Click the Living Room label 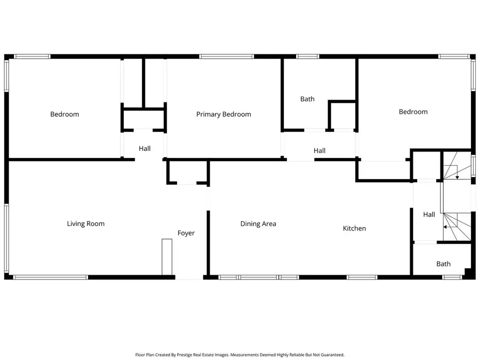point(85,223)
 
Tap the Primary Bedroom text point(223,114)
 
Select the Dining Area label point(258,224)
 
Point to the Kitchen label point(354,228)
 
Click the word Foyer point(186,233)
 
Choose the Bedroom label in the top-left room point(65,114)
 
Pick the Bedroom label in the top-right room point(413,112)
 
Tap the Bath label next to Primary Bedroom point(307,99)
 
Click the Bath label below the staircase point(443,263)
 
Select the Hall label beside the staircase point(429,214)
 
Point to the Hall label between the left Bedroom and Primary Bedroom point(145,149)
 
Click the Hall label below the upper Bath point(319,151)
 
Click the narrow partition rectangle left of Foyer point(167,257)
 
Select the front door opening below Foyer point(189,277)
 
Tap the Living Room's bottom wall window point(50,277)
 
